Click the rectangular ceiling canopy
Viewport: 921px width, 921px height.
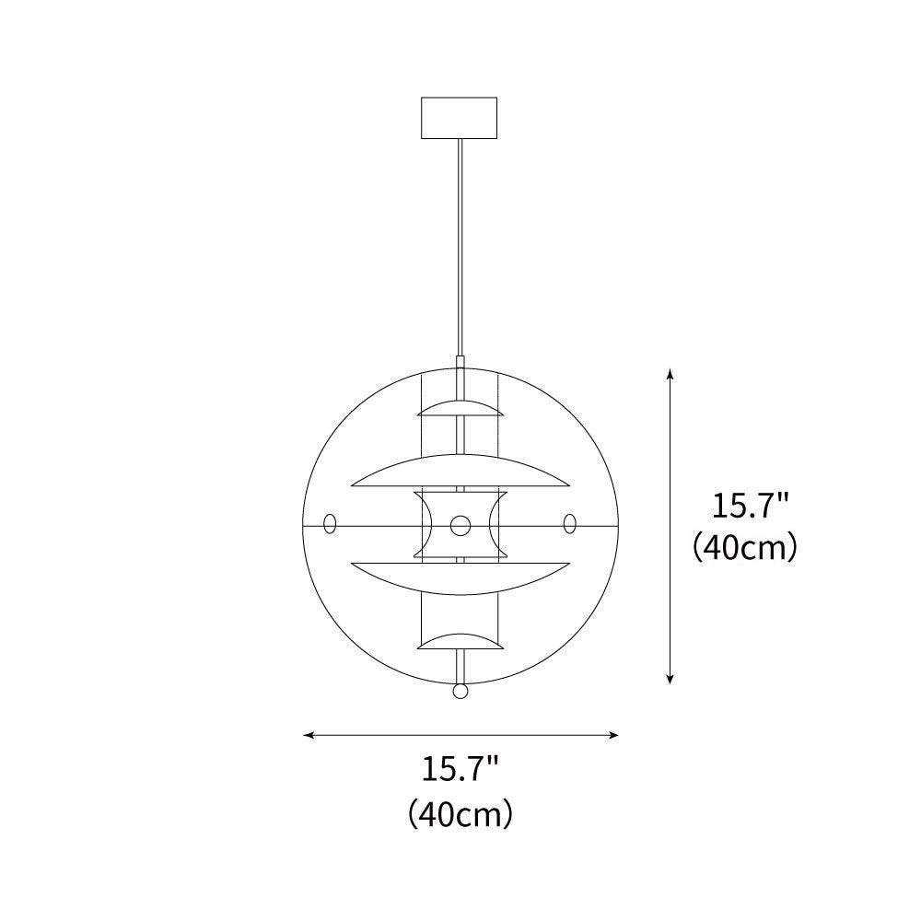coord(460,118)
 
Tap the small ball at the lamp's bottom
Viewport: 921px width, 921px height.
coord(460,691)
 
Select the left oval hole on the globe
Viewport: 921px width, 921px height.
coord(330,523)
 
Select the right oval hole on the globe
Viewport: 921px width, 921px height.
coord(570,523)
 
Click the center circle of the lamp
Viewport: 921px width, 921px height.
coord(460,526)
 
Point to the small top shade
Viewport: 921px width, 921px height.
coord(460,409)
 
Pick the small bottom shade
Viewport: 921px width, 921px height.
coord(460,641)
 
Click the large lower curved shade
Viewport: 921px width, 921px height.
coord(460,578)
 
